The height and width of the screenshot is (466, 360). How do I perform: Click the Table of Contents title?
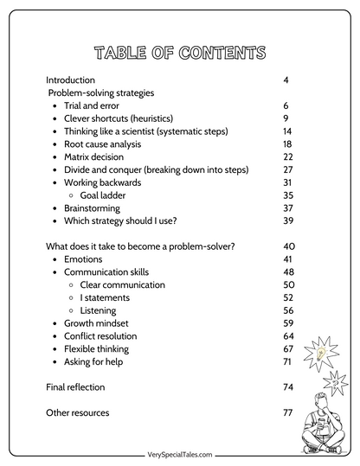(x=179, y=51)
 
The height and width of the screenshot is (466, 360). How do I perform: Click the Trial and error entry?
(x=93, y=105)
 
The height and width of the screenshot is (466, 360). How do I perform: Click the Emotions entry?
(x=83, y=259)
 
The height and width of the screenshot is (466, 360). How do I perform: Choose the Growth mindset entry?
(x=99, y=323)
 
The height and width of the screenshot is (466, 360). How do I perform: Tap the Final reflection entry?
(x=77, y=387)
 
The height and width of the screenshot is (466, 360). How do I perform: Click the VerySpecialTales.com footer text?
(x=179, y=453)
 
